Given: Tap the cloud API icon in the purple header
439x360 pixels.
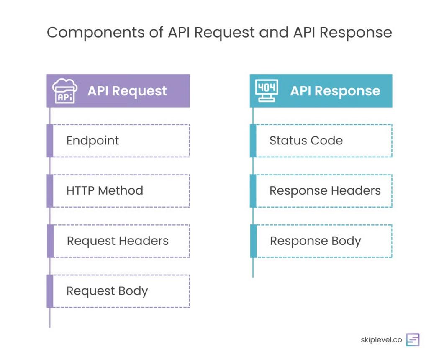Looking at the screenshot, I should click(64, 91).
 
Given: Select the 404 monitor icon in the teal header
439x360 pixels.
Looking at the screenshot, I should click(267, 91).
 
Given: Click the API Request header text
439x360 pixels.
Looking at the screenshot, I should click(127, 91).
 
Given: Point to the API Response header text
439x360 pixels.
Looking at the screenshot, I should click(335, 91).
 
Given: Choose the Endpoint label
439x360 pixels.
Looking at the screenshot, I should click(92, 141).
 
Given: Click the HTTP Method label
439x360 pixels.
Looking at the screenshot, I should click(105, 191).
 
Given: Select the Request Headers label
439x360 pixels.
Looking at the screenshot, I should click(118, 241).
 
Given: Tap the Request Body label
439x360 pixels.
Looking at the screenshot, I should click(107, 291).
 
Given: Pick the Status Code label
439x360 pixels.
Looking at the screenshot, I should click(306, 141).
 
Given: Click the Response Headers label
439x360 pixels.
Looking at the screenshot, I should click(325, 191).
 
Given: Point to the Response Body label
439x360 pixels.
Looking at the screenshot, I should click(315, 241).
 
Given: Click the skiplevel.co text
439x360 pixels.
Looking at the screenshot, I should click(381, 340).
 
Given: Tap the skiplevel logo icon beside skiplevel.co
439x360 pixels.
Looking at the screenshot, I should click(413, 340).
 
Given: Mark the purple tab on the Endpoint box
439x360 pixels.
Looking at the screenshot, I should click(50, 141).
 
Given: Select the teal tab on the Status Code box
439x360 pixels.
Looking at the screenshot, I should click(253, 141).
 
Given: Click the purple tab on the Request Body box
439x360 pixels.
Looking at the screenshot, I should click(50, 291).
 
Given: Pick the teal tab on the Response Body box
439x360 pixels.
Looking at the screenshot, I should click(253, 241).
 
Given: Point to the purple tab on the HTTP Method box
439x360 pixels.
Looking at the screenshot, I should click(50, 191).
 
